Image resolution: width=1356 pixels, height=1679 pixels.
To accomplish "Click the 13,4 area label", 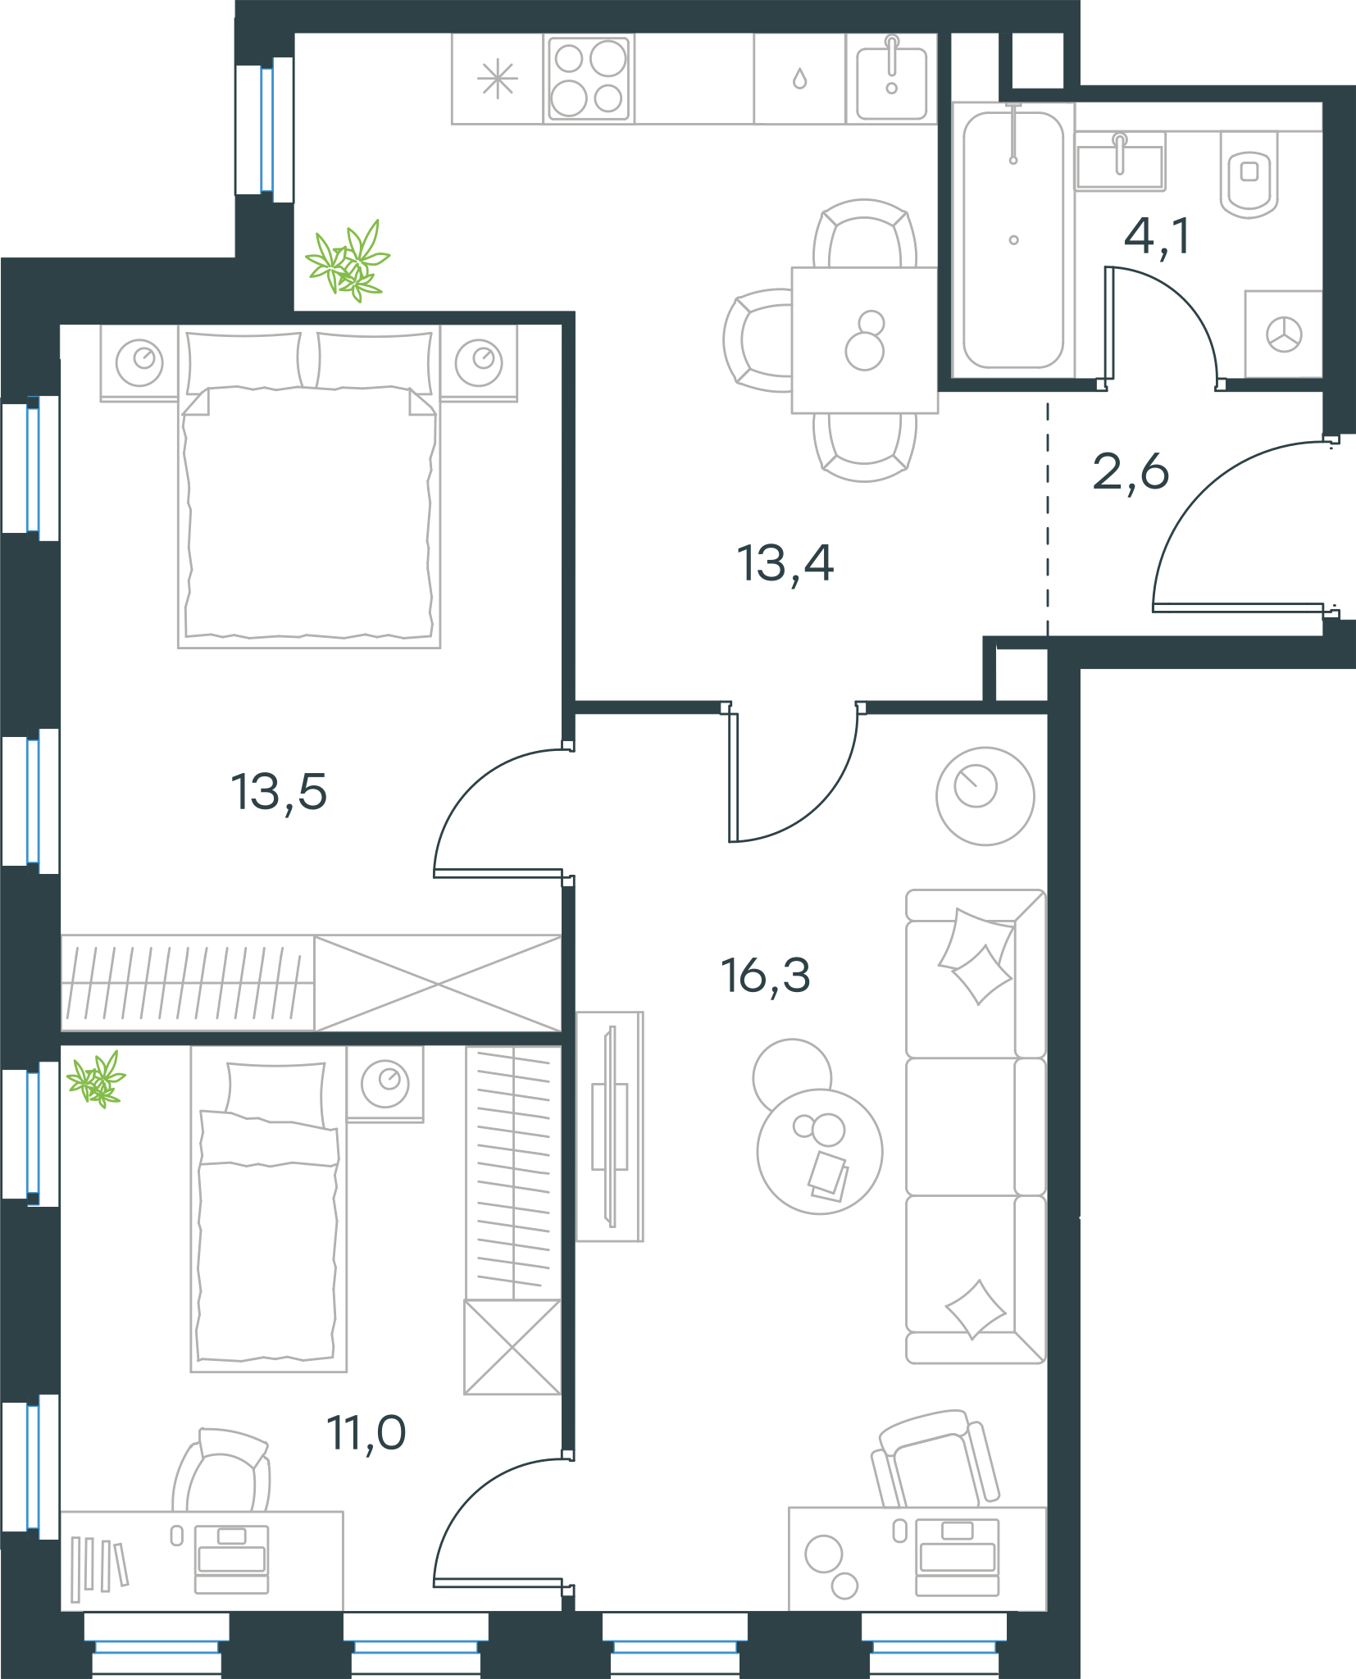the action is pos(785,564).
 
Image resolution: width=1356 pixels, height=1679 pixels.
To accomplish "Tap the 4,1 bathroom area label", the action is pos(1157,237).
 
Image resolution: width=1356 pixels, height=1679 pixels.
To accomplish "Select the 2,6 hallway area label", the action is pos(1131,473).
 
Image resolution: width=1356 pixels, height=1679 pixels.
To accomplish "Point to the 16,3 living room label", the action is pos(766,976).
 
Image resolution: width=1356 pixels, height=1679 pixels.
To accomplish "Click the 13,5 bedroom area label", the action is pos(279,793).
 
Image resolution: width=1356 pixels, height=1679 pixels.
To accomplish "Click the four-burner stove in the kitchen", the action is pos(589,79).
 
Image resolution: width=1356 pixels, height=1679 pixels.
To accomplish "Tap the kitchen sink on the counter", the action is pos(892,80).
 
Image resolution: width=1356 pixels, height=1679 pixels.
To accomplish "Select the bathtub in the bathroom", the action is pos(1013,240).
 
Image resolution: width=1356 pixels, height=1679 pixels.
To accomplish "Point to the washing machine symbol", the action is pos(1284,334).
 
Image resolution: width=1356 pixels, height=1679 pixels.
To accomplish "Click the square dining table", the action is pos(865,340).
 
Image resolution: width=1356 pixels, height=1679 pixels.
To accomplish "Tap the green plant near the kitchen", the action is pos(348,262).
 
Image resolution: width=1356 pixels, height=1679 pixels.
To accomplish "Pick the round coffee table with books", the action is pos(820,1151).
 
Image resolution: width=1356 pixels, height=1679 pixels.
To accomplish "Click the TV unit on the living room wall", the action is pos(610,1126).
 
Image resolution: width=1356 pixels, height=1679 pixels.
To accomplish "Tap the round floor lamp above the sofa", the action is pos(985,796).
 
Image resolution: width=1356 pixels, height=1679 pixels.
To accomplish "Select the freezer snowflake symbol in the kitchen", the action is pos(498,80).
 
